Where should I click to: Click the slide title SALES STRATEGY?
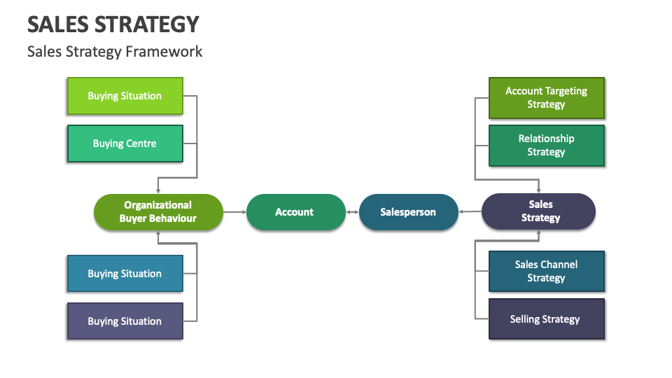click(x=113, y=24)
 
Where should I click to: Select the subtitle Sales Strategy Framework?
click(x=115, y=52)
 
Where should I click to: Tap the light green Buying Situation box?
click(x=125, y=96)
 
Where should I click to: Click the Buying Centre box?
click(x=125, y=143)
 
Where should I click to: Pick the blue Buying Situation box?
click(x=125, y=274)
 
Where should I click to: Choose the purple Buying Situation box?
click(x=125, y=321)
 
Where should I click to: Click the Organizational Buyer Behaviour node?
click(x=158, y=212)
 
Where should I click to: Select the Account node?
click(x=294, y=212)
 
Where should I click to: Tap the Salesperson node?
click(x=408, y=212)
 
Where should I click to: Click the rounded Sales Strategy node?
click(x=539, y=212)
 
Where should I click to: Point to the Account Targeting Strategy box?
click(x=546, y=98)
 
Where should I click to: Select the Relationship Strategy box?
click(x=546, y=146)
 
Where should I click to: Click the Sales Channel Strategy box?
click(x=546, y=272)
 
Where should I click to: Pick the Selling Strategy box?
click(x=546, y=319)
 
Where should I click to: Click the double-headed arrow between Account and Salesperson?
click(x=352, y=212)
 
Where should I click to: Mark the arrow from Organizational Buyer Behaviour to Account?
click(x=234, y=212)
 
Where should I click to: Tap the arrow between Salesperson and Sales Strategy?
click(x=470, y=212)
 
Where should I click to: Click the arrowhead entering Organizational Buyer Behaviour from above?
click(x=158, y=190)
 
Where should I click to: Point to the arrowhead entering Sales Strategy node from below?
click(x=539, y=234)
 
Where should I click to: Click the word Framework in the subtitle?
click(x=170, y=52)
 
